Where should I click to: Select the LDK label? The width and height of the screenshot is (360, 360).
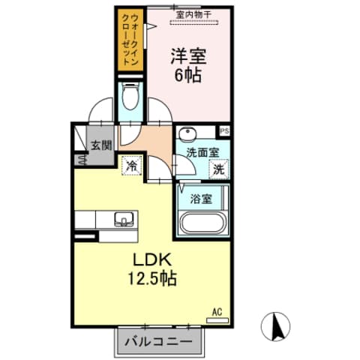point(154,260)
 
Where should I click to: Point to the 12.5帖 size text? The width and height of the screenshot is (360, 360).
point(155,278)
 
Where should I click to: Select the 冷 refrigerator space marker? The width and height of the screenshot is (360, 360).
point(132,164)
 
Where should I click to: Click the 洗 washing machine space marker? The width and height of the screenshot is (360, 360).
point(217,169)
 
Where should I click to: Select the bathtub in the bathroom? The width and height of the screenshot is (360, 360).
point(202,223)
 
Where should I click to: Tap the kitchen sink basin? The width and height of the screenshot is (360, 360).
point(123,219)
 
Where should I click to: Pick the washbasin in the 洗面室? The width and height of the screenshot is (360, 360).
point(187,134)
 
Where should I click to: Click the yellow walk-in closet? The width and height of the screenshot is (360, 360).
point(130,41)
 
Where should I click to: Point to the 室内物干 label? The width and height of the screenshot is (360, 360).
point(194,14)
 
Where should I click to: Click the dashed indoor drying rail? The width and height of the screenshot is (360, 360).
point(194,22)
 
